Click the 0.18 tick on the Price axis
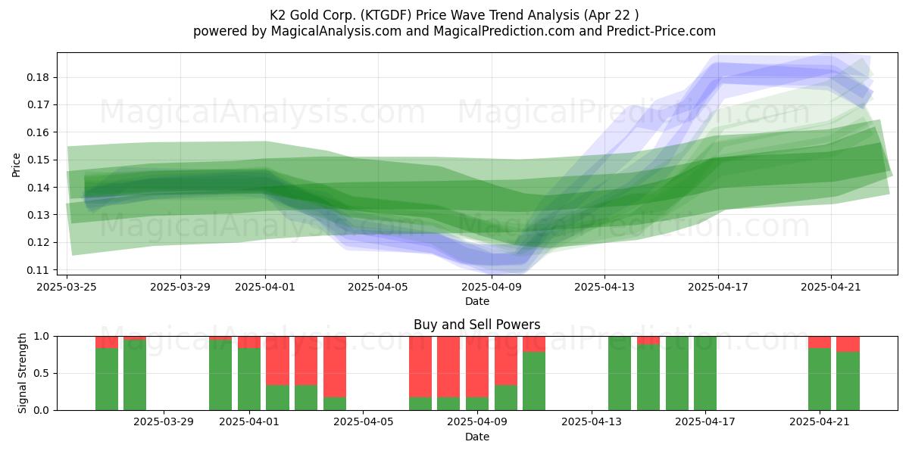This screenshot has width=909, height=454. point(38,77)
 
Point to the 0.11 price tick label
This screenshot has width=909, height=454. point(38,270)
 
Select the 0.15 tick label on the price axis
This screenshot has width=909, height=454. point(38,160)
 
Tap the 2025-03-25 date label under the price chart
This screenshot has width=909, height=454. point(67,287)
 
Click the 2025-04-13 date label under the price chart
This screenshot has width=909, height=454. point(604,287)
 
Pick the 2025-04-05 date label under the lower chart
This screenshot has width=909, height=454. point(363,422)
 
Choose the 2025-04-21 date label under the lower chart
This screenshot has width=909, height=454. point(820,422)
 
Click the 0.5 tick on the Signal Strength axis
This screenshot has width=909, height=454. point(40,373)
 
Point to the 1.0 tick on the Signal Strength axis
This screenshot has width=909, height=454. point(40,337)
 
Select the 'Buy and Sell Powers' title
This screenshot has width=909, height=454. point(476,325)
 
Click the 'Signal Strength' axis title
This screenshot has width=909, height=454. point(22,373)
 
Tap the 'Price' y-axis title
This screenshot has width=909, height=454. point(16,165)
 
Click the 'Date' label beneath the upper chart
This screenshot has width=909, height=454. point(476,302)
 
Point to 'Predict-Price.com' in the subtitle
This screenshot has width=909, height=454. point(661,31)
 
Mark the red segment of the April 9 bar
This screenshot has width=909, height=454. point(477,367)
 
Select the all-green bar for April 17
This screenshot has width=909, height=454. point(705,373)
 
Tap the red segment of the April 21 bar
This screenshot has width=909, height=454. point(820,342)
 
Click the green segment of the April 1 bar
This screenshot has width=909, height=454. point(249,379)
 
